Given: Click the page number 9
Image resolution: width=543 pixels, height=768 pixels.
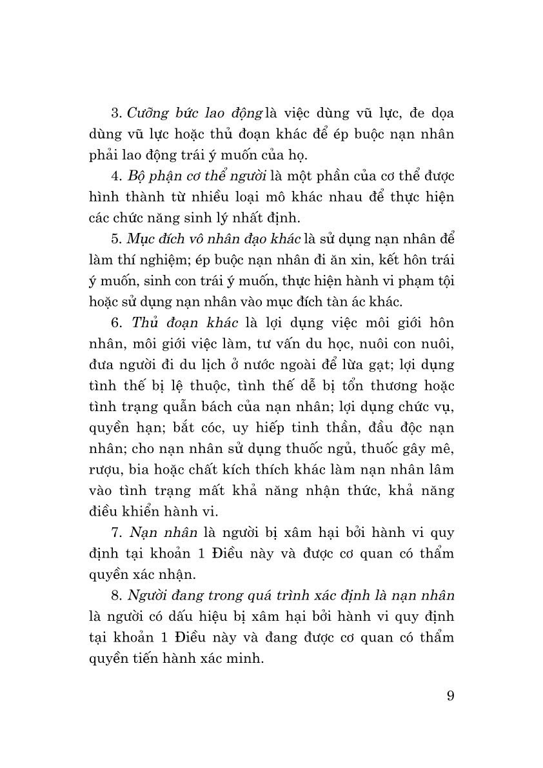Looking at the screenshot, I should pos(450,695).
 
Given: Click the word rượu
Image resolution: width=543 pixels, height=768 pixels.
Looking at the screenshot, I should pos(104,469).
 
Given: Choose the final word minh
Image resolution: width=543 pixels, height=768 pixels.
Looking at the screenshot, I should pos(247,658).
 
